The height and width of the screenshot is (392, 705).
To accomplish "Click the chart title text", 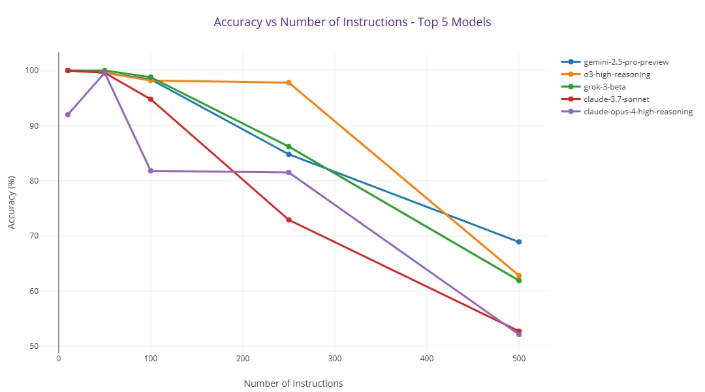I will click(x=352, y=22).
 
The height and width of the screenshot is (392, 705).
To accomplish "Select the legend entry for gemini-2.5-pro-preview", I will click(x=625, y=62).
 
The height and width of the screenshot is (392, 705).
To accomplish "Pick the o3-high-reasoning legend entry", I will click(x=616, y=74).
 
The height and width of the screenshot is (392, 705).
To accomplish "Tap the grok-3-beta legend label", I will click(x=604, y=87).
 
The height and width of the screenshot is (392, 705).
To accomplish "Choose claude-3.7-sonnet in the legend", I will click(x=616, y=99).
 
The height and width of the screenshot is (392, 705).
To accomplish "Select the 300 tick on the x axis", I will click(x=335, y=358).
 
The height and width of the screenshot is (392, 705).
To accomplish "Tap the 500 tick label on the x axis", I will click(x=519, y=358).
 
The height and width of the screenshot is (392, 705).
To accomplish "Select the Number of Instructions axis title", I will click(x=293, y=384).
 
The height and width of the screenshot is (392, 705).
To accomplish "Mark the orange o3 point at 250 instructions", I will click(x=289, y=83).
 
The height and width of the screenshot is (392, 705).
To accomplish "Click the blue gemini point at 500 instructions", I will click(x=519, y=242).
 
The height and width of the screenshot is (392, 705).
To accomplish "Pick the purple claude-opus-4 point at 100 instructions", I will click(x=151, y=171).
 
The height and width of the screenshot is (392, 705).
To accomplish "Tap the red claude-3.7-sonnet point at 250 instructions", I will click(x=289, y=220).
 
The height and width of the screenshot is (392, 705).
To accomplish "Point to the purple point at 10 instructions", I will click(x=68, y=114).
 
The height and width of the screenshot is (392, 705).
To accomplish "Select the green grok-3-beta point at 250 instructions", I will click(x=289, y=146).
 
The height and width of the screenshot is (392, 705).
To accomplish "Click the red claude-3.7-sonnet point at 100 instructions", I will click(x=151, y=99).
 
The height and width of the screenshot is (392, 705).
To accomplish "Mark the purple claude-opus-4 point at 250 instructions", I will click(x=289, y=172).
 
